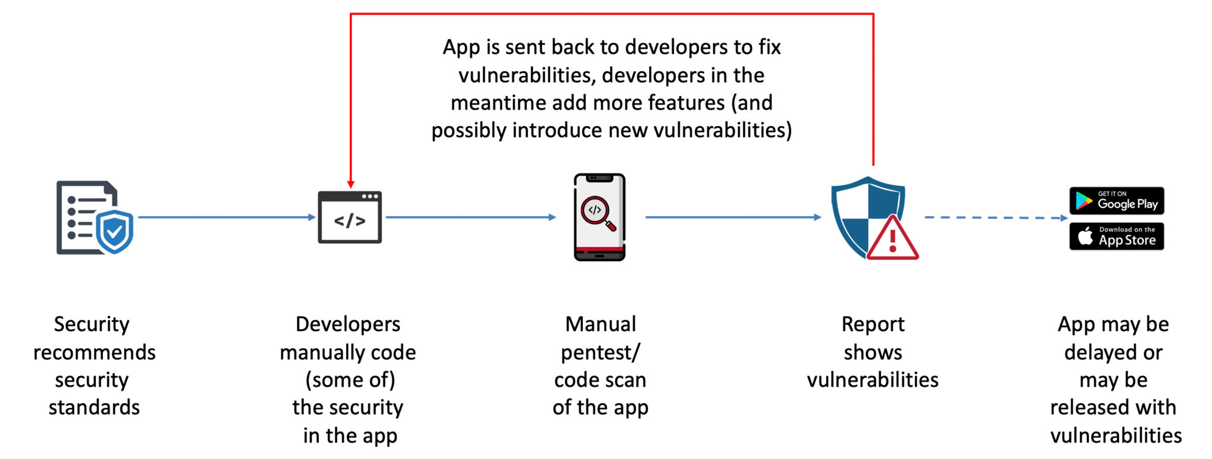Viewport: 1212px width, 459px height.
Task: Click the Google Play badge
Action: (x=1116, y=201)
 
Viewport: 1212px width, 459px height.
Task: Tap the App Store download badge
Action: (x=1116, y=236)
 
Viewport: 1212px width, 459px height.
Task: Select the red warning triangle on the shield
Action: (x=892, y=239)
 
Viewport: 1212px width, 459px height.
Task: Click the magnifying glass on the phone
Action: (x=598, y=213)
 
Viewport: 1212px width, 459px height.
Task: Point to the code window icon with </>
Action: (x=350, y=217)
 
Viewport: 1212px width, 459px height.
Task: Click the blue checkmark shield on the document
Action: (x=115, y=231)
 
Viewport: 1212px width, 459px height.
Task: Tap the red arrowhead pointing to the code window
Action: (x=351, y=184)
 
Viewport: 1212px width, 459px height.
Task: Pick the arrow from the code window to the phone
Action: (x=470, y=217)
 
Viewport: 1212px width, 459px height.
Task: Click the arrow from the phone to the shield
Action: (x=733, y=217)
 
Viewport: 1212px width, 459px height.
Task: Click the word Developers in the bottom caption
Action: (x=348, y=324)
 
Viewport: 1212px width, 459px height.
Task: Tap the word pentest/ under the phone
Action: (x=600, y=352)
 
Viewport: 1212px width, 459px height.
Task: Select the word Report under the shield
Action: (x=873, y=324)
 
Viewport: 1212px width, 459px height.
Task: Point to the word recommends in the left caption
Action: (x=94, y=352)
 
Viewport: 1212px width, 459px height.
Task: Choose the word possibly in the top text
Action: (x=468, y=130)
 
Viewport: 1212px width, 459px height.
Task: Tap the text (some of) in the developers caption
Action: (x=350, y=380)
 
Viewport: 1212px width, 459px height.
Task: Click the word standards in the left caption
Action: (x=94, y=407)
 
